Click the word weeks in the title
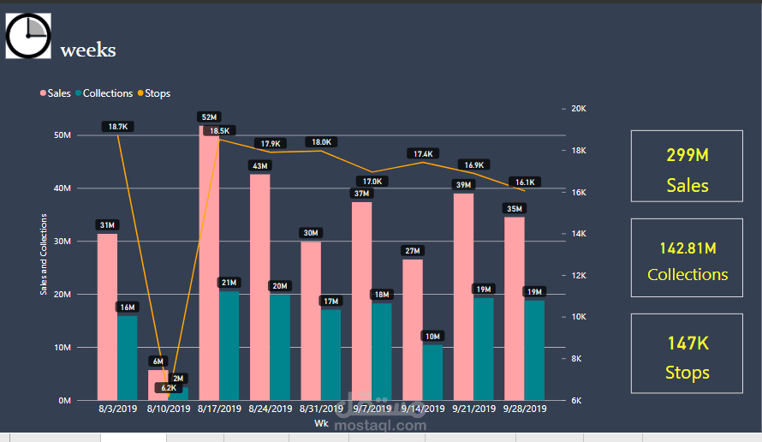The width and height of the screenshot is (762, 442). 87,51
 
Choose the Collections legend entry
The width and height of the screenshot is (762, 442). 107,93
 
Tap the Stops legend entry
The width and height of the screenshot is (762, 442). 158,93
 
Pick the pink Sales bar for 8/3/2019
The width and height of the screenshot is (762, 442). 107,317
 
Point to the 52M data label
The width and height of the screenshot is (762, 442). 209,116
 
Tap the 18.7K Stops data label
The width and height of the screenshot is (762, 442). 117,127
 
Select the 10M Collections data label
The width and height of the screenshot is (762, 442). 432,336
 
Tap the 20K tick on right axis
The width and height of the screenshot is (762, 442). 578,109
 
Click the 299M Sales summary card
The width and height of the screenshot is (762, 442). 687,166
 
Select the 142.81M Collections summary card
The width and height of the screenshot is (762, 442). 687,258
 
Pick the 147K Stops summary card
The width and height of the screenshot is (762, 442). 687,355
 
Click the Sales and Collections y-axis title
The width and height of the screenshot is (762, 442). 44,254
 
